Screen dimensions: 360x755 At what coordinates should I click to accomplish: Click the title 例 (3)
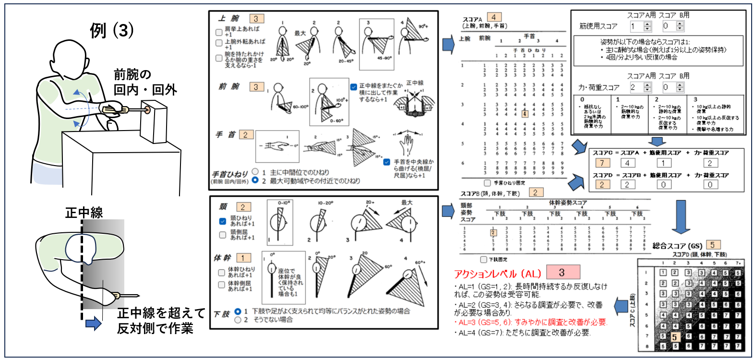point(111,30)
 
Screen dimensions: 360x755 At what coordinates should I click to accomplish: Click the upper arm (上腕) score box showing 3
point(256,19)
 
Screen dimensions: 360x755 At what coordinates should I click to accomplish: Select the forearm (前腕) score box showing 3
point(256,87)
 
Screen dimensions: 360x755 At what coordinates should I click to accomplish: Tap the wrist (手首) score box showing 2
point(246,135)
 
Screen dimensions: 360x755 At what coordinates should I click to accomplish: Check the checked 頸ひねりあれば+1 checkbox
point(223,221)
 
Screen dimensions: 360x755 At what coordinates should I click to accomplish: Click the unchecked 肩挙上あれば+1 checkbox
point(219,32)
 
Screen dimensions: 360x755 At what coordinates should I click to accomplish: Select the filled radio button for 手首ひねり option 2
point(255,180)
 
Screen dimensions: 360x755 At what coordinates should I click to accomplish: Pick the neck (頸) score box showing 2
point(243,207)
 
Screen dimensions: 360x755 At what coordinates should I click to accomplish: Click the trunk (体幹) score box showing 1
point(243,258)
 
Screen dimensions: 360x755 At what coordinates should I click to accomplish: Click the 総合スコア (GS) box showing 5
point(713,245)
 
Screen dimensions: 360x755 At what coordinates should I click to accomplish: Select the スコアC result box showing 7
point(602,163)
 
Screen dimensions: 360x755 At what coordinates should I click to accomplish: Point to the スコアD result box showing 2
point(602,184)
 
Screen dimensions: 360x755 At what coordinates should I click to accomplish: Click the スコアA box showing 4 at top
point(494,17)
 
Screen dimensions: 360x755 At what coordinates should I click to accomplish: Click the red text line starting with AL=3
point(530,322)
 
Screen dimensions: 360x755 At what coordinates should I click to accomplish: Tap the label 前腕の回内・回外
point(145,82)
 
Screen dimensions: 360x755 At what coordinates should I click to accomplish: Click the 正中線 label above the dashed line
point(84,213)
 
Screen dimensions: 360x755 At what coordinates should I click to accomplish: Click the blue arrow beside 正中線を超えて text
point(93,323)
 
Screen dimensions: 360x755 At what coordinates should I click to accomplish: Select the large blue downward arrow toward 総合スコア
point(681,217)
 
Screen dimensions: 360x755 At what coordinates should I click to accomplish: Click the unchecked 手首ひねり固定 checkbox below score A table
point(488,183)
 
